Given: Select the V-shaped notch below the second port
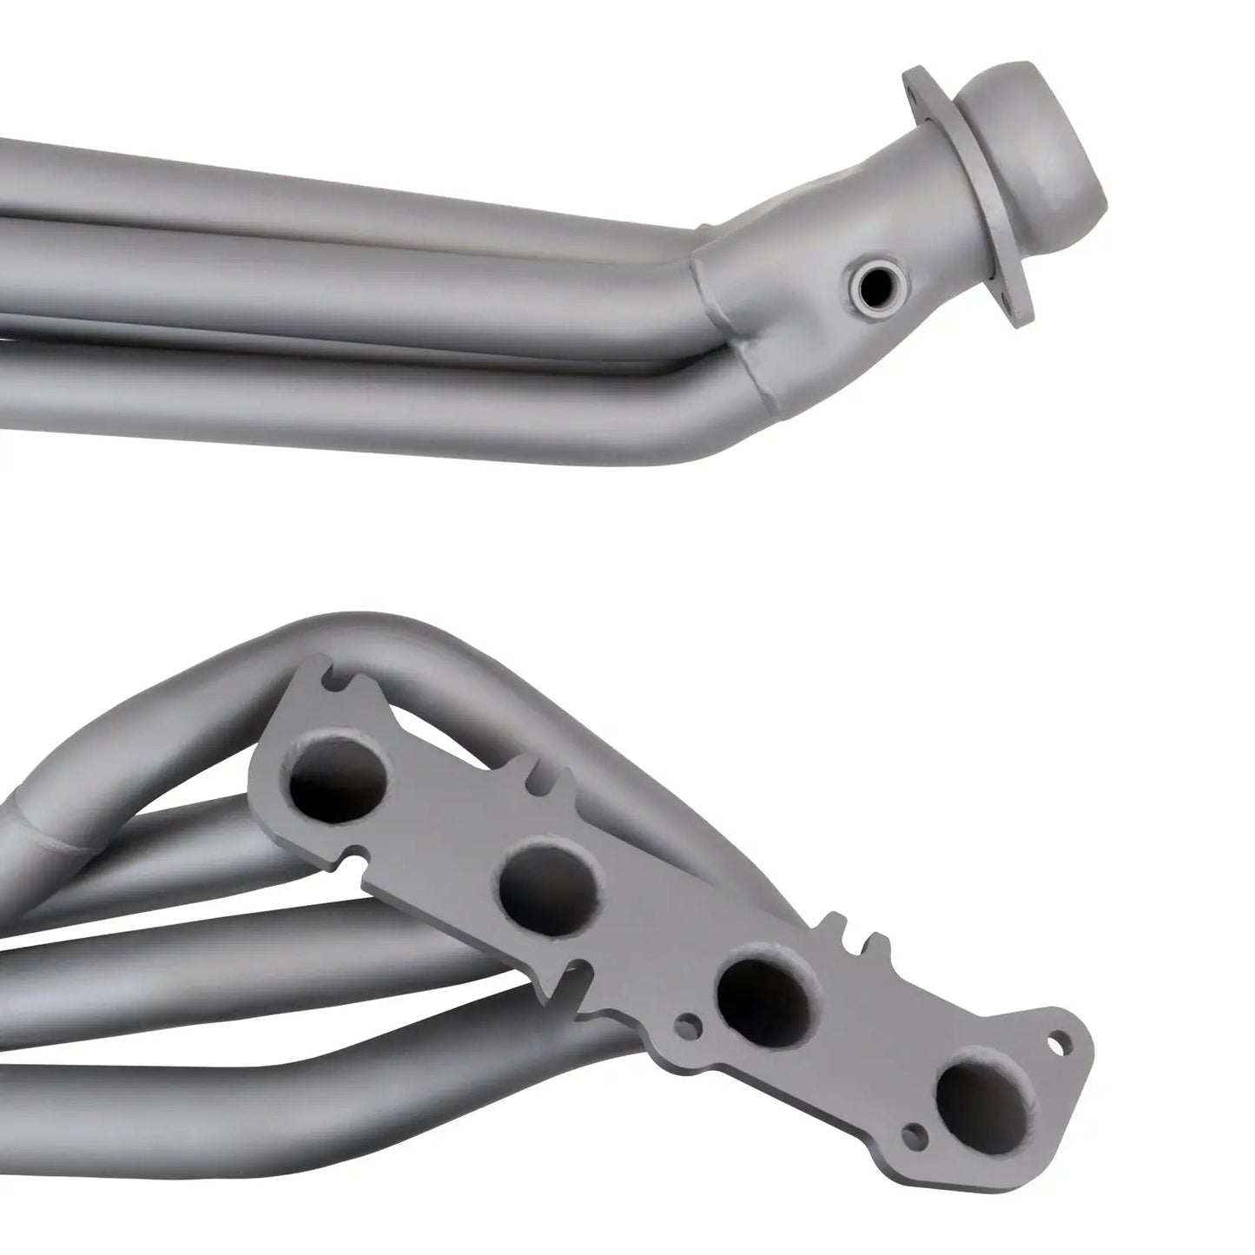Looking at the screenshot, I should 565,981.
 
